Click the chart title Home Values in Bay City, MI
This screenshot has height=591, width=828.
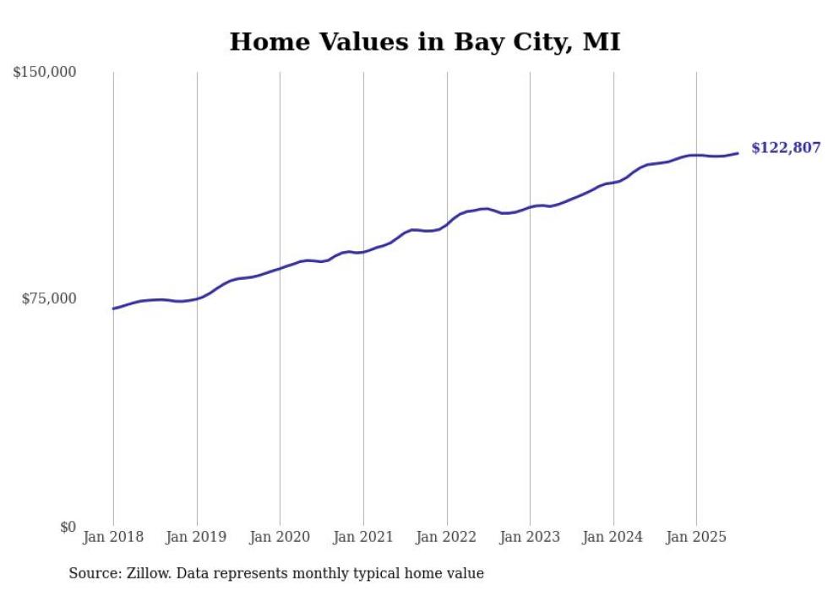(x=425, y=41)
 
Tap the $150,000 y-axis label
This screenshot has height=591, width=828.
(x=45, y=72)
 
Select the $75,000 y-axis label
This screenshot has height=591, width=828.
(x=49, y=298)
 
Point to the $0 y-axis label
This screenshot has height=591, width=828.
(x=68, y=527)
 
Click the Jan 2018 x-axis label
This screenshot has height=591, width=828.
(x=113, y=537)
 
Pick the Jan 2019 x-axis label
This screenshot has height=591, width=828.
(x=197, y=537)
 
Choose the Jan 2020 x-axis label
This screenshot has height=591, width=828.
(x=280, y=537)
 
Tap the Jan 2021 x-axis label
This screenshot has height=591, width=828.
(x=363, y=537)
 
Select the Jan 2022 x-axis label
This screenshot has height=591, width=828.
(x=447, y=537)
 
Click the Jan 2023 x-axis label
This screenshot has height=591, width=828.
(x=530, y=537)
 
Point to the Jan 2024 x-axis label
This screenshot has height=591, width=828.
(x=613, y=537)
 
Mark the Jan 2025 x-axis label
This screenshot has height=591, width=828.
(x=696, y=537)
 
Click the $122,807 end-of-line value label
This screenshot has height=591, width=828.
(x=786, y=148)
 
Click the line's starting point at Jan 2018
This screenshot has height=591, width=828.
(x=113, y=309)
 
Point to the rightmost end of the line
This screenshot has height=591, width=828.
(x=738, y=153)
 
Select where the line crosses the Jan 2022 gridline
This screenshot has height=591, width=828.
(x=447, y=224)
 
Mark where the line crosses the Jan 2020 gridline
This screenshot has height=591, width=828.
(x=280, y=269)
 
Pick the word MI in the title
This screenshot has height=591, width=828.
(x=602, y=41)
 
